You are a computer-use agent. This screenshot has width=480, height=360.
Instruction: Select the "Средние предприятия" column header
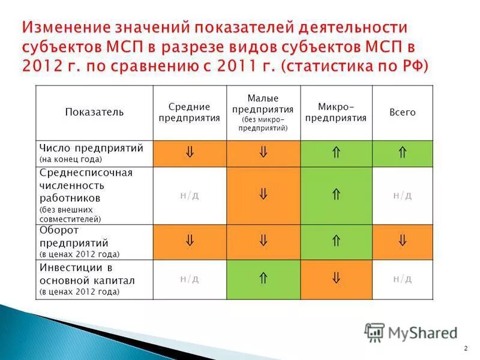point(190,112)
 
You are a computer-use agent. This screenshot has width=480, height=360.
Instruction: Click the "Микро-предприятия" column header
point(336,112)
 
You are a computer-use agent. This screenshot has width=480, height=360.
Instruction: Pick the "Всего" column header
point(402,112)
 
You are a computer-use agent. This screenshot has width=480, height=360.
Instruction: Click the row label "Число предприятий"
point(91,148)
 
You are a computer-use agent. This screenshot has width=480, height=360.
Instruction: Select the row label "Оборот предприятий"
point(74,237)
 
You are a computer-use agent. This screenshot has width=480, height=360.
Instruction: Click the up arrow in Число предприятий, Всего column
point(402,154)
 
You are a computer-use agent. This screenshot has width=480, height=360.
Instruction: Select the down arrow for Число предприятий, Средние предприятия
point(190,154)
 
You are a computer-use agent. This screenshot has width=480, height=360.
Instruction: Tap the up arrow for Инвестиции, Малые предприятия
point(263,278)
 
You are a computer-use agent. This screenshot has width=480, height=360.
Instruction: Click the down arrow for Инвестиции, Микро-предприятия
point(336,278)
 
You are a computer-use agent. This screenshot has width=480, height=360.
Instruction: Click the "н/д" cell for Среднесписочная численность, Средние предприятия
point(190,196)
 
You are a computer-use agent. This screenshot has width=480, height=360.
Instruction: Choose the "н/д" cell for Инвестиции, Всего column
point(402,278)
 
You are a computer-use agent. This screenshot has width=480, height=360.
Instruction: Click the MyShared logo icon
point(374,332)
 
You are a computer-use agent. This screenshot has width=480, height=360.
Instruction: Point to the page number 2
point(466,349)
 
